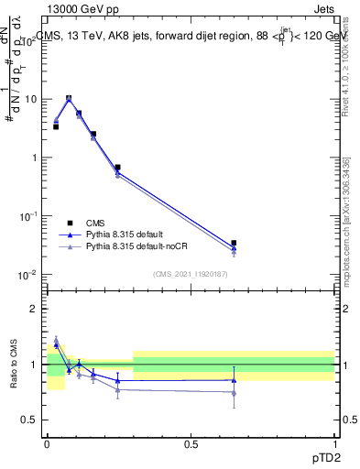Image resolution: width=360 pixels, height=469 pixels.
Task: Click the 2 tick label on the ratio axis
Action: coord(34,309)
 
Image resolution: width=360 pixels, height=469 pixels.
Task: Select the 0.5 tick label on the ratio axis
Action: coord(29,420)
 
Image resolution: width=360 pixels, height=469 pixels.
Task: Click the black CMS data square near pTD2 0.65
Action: coord(234,243)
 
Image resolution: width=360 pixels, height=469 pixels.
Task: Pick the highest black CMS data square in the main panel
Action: coord(69,98)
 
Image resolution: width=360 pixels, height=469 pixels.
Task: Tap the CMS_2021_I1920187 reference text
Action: coord(190,274)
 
